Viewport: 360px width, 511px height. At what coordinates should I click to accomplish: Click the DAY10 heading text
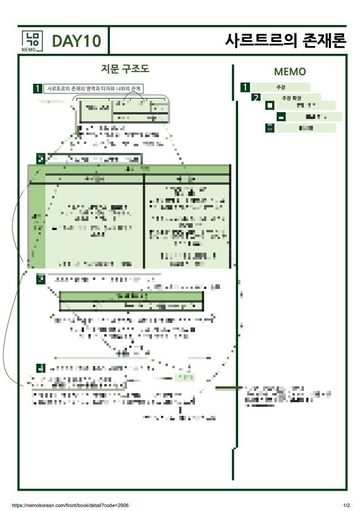pyautogui.click(x=77, y=41)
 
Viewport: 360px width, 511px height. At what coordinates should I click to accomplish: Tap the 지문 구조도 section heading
pyautogui.click(x=125, y=69)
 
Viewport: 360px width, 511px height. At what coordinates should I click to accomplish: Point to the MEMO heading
pyautogui.click(x=290, y=72)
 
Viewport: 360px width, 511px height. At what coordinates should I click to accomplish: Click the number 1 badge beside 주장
pyautogui.click(x=245, y=87)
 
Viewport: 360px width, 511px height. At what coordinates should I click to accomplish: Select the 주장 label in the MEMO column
pyautogui.click(x=281, y=87)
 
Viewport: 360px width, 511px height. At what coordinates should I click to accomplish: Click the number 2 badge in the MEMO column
pyautogui.click(x=256, y=97)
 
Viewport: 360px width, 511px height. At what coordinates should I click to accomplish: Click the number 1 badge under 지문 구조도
pyautogui.click(x=37, y=89)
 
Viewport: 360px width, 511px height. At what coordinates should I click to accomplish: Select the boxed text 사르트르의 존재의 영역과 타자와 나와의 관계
pyautogui.click(x=94, y=89)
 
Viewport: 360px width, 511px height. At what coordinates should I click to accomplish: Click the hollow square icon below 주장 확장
pyautogui.click(x=270, y=105)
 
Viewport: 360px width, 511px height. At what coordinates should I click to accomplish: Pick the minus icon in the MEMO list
pyautogui.click(x=281, y=117)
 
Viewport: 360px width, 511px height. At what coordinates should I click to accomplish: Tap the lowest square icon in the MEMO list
pyautogui.click(x=270, y=128)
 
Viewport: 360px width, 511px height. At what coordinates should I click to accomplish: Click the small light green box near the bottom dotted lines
pyautogui.click(x=184, y=377)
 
